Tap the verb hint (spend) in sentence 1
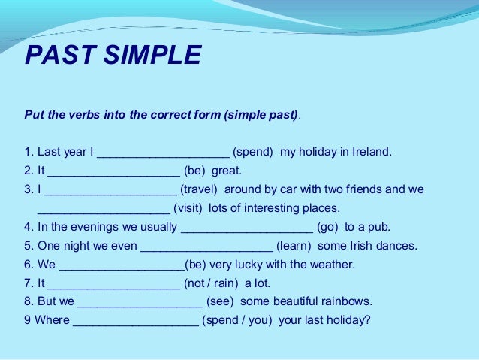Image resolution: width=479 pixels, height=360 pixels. (x=254, y=152)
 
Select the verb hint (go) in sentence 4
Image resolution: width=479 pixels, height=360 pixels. (x=330, y=227)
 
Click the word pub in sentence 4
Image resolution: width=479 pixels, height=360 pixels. (x=380, y=227)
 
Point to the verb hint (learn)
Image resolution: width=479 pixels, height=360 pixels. (x=296, y=246)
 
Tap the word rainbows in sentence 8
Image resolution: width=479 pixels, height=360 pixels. (x=345, y=302)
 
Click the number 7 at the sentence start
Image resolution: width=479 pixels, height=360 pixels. (x=28, y=283)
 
